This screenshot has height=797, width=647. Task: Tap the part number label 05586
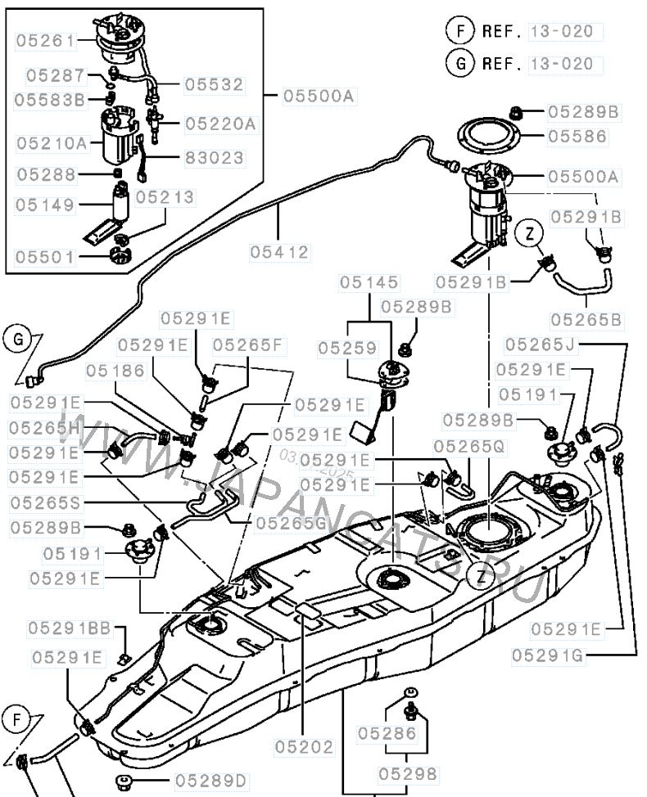[577, 137]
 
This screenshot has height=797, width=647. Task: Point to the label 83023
[214, 157]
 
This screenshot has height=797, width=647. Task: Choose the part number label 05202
[304, 746]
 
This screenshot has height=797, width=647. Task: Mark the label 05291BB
[70, 628]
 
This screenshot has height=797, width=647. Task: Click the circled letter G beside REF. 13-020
[461, 63]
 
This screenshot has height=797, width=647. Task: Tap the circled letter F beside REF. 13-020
[461, 31]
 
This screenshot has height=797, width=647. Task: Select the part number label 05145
[370, 282]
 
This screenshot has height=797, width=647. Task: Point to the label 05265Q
[470, 446]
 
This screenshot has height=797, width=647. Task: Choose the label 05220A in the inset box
[220, 124]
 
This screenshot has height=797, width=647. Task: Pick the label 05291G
[550, 655]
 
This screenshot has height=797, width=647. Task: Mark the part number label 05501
[45, 257]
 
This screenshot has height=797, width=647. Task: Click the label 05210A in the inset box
[52, 142]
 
